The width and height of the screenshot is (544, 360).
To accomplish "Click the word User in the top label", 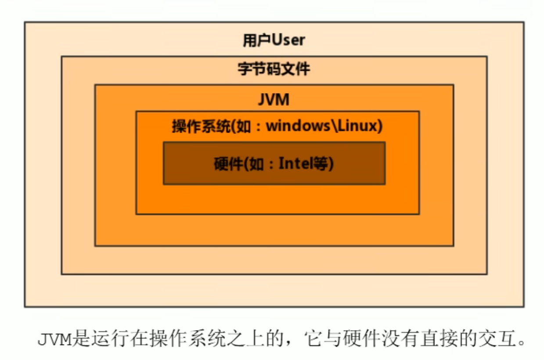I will (x=288, y=40).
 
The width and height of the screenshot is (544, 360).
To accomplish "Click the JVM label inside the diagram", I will (x=274, y=100).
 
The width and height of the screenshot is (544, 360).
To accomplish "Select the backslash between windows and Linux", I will (x=334, y=126).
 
